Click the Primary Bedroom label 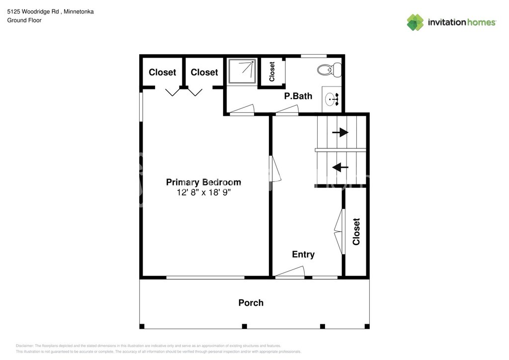[x=203, y=182]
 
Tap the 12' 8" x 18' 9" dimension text [x=203, y=193]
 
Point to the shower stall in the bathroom [x=242, y=72]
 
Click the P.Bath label [x=298, y=96]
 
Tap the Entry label [x=303, y=255]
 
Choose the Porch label [x=251, y=303]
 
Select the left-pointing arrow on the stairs [x=340, y=167]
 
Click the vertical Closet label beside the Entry [x=356, y=232]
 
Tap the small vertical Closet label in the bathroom [x=272, y=72]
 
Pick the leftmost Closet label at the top [x=163, y=73]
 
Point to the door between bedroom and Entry [x=276, y=169]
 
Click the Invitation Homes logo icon [x=415, y=22]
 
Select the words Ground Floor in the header [x=24, y=20]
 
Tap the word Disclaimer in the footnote [x=25, y=346]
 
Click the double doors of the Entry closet [x=339, y=232]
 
